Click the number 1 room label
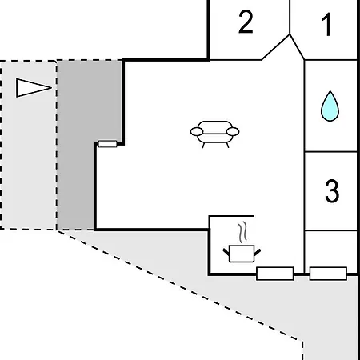coord(326,25)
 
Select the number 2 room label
coord(246,22)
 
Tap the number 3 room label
coord(332,191)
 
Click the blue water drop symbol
coord(330,106)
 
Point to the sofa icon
coord(214,134)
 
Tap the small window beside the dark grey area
coord(107,144)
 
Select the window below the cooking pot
coord(275,274)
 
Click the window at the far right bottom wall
coord(328,274)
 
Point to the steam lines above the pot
coord(242,232)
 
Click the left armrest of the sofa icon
coord(197,131)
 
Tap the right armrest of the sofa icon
coord(233,131)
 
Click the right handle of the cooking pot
coord(258,252)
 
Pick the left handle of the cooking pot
coord(226,252)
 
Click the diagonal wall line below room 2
coord(275,47)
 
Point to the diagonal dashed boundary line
coord(180,286)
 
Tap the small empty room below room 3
coord(330,249)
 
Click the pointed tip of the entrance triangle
coord(51,87)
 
